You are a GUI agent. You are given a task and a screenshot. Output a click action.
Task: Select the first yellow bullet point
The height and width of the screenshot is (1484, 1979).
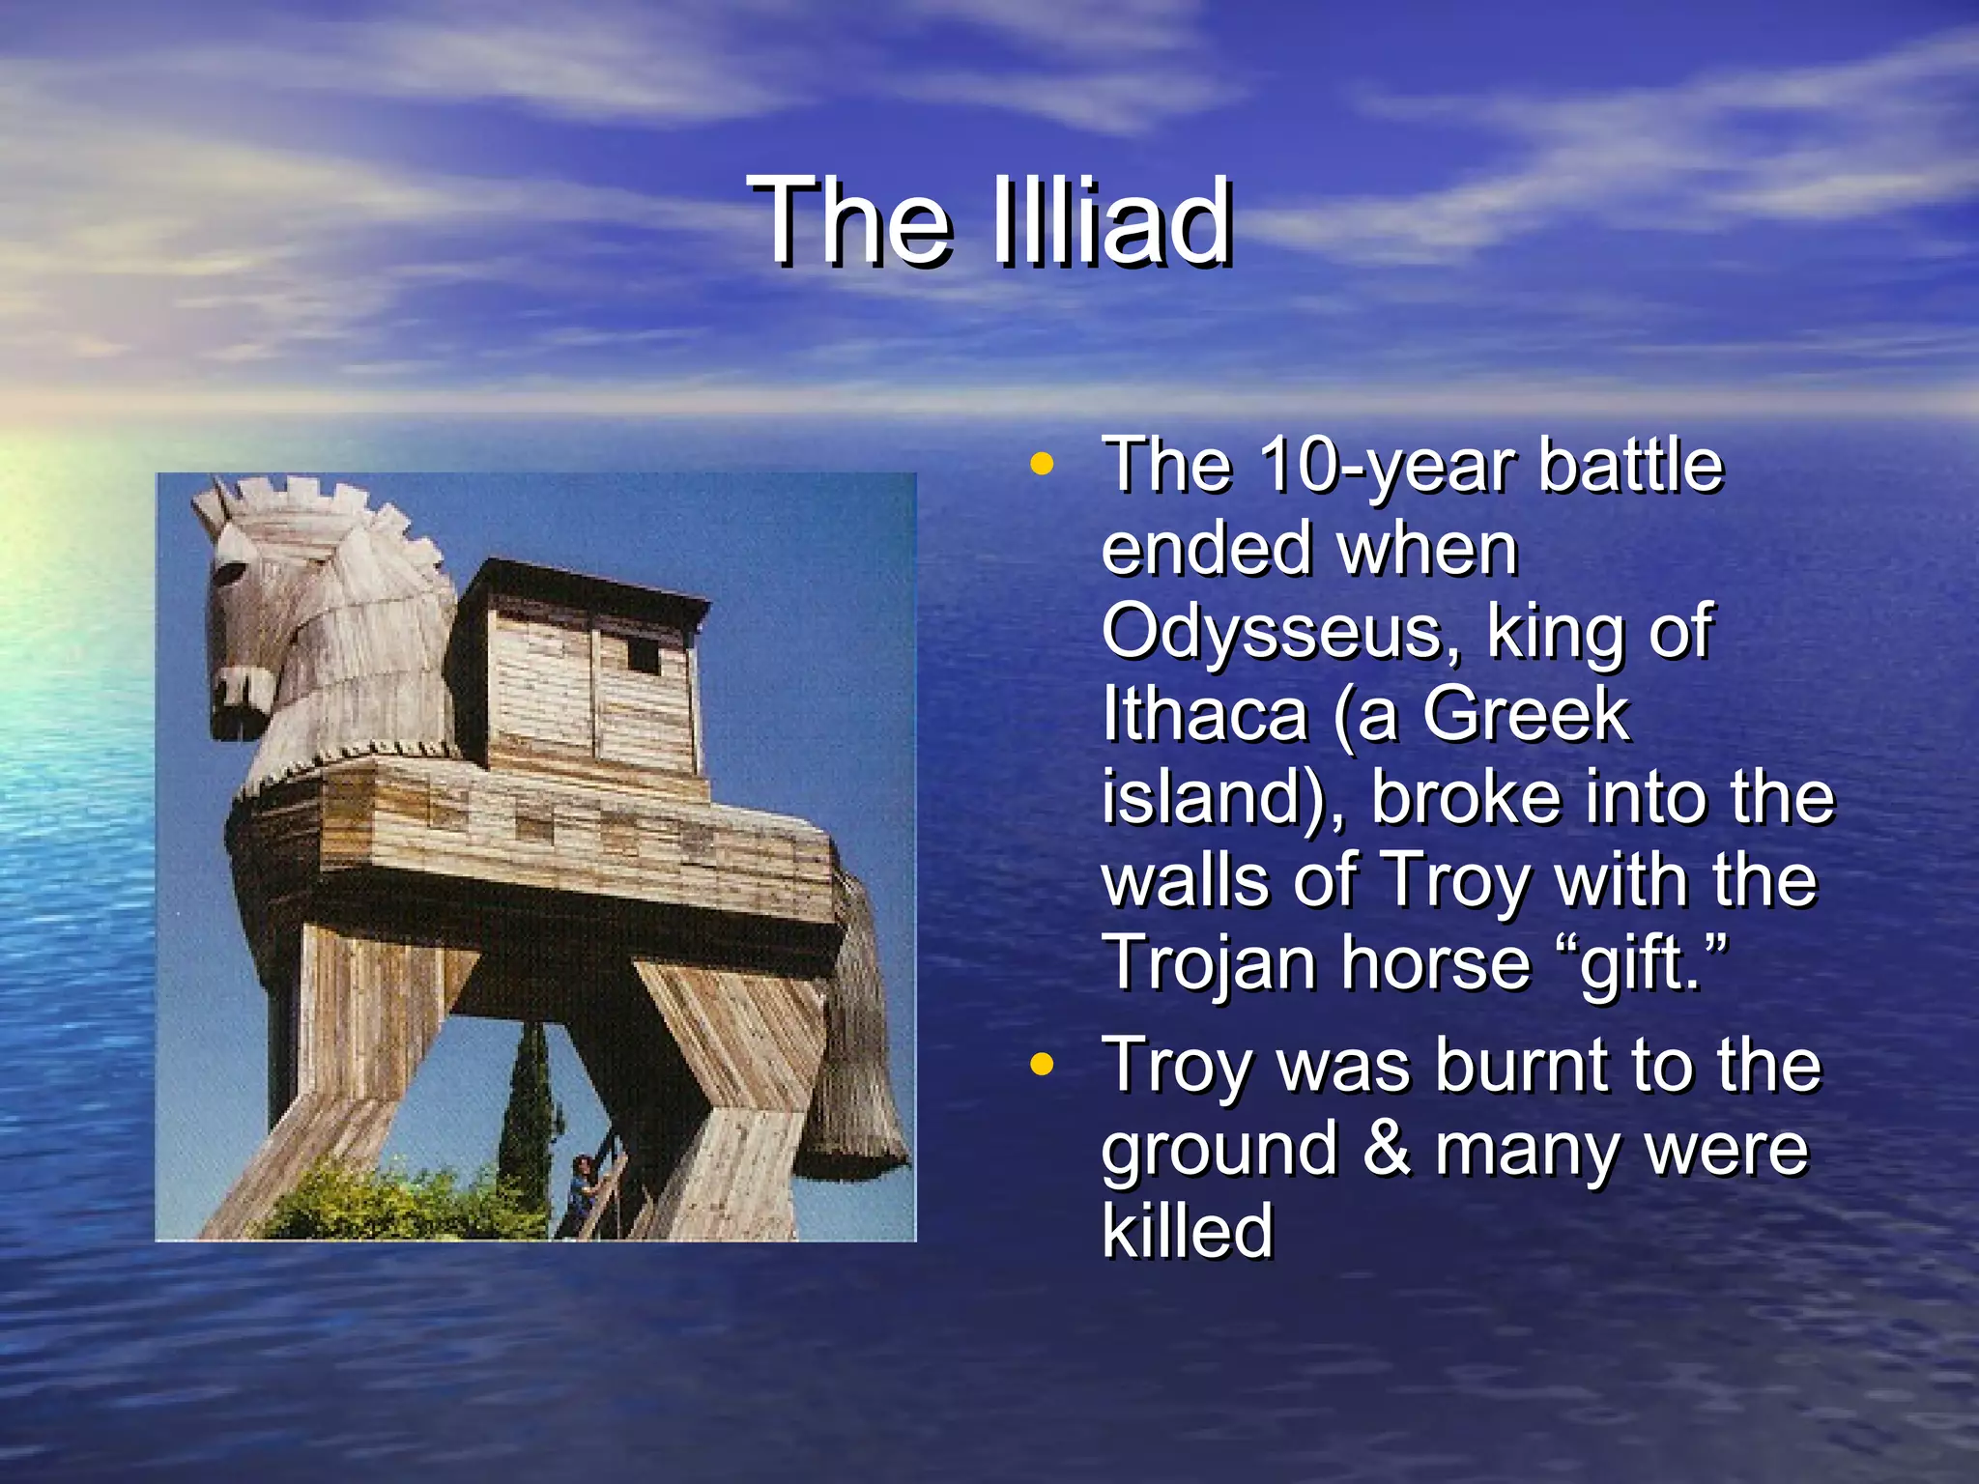pos(1041,464)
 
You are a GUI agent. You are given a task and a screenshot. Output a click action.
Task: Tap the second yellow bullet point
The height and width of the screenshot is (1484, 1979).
pos(1041,1065)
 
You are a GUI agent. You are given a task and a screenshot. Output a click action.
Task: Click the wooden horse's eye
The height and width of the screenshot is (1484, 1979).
pos(229,572)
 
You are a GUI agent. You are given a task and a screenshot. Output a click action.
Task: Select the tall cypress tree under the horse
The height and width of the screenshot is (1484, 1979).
pos(527,1111)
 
